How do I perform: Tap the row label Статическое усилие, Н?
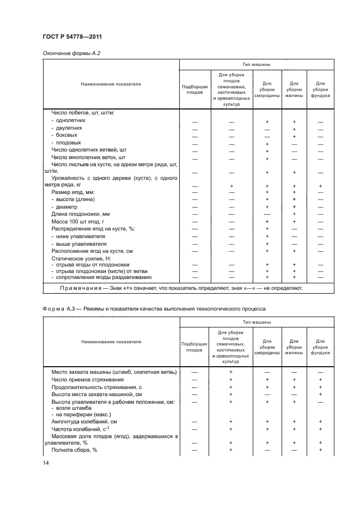coord(79,258)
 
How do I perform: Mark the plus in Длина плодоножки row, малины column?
coord(294,214)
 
